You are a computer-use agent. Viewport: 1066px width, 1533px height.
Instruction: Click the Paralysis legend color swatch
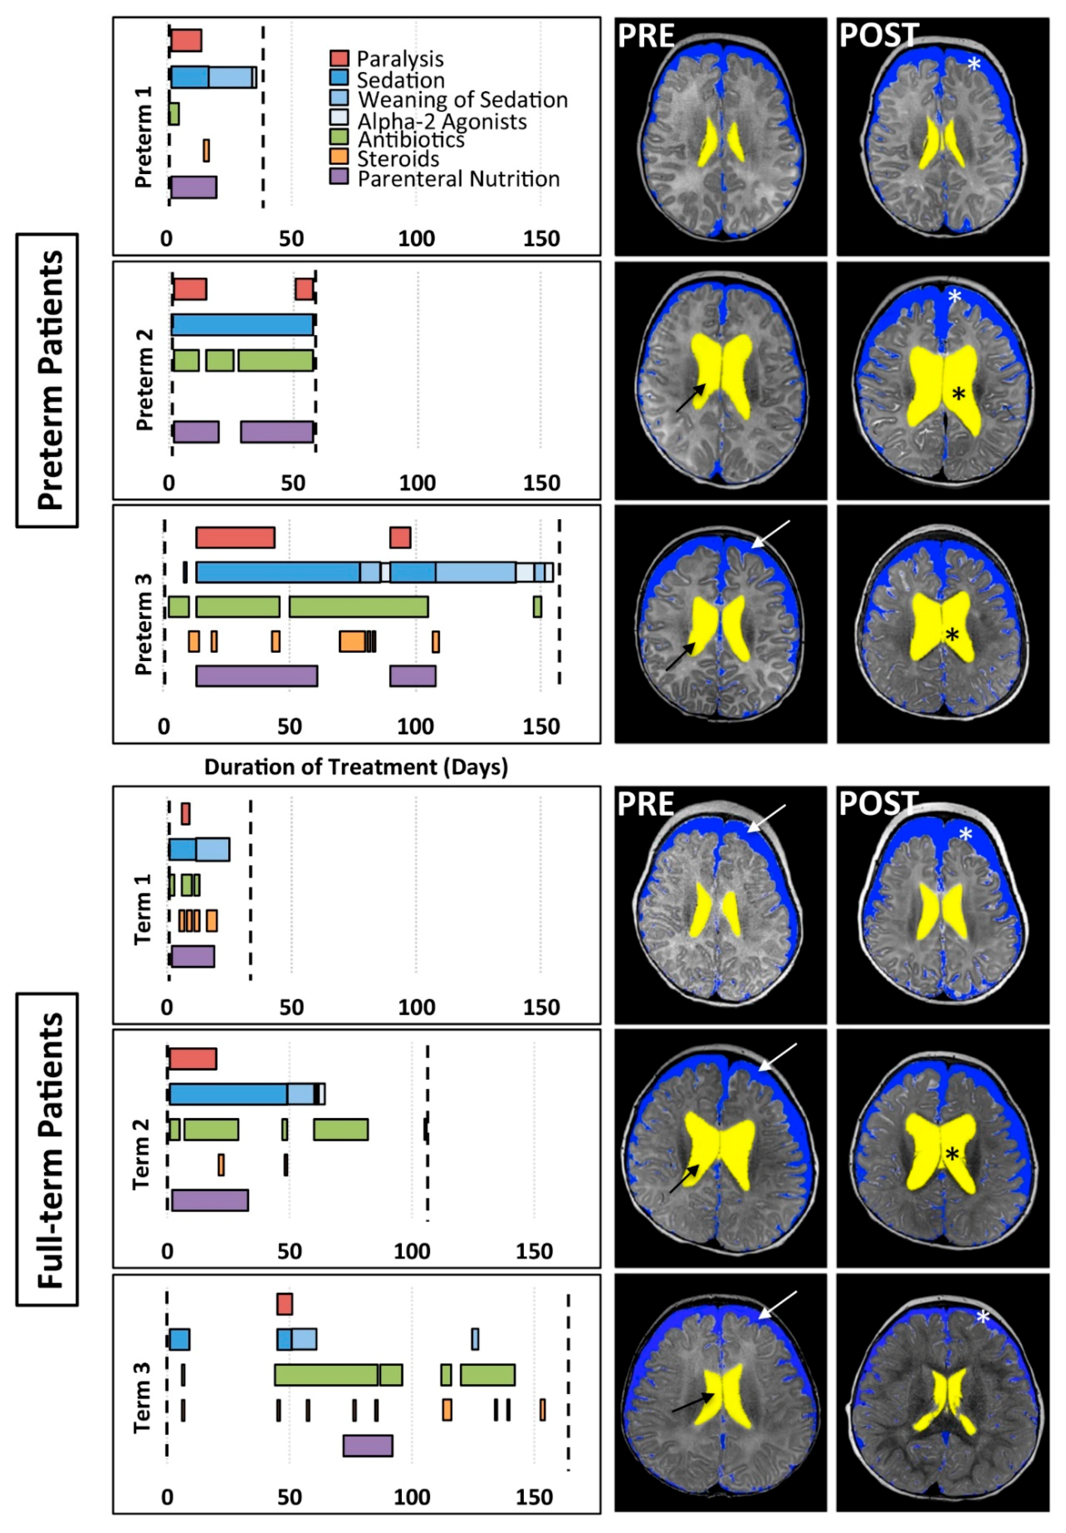(339, 58)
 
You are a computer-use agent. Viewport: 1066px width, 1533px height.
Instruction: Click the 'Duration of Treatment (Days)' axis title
(356, 766)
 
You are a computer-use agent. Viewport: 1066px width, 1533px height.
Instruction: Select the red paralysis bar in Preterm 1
(186, 40)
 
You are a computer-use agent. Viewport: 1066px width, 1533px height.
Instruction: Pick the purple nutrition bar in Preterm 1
(193, 188)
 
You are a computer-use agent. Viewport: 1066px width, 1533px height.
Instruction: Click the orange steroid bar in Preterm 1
(206, 150)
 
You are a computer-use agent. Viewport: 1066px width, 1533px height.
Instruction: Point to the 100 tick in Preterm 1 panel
(417, 238)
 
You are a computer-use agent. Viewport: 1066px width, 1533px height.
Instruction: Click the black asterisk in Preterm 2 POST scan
(959, 394)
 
